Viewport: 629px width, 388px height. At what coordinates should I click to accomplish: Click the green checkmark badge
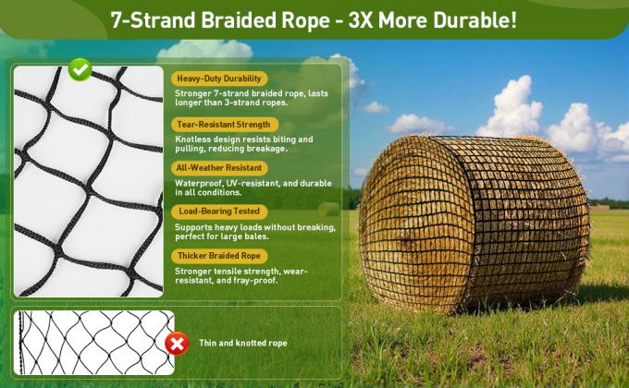[x=80, y=68]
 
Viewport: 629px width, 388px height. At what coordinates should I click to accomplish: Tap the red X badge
[x=177, y=344]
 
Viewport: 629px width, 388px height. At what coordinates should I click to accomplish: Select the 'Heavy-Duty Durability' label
[x=220, y=79]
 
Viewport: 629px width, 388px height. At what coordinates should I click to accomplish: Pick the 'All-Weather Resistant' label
[x=220, y=168]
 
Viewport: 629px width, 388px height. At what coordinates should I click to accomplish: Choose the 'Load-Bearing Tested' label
[x=219, y=212]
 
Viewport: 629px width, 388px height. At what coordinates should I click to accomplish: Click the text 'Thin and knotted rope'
[x=242, y=344]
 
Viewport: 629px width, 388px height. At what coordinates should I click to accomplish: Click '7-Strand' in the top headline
[x=147, y=20]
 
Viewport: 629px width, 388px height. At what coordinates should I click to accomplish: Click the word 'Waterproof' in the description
[x=197, y=183]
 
